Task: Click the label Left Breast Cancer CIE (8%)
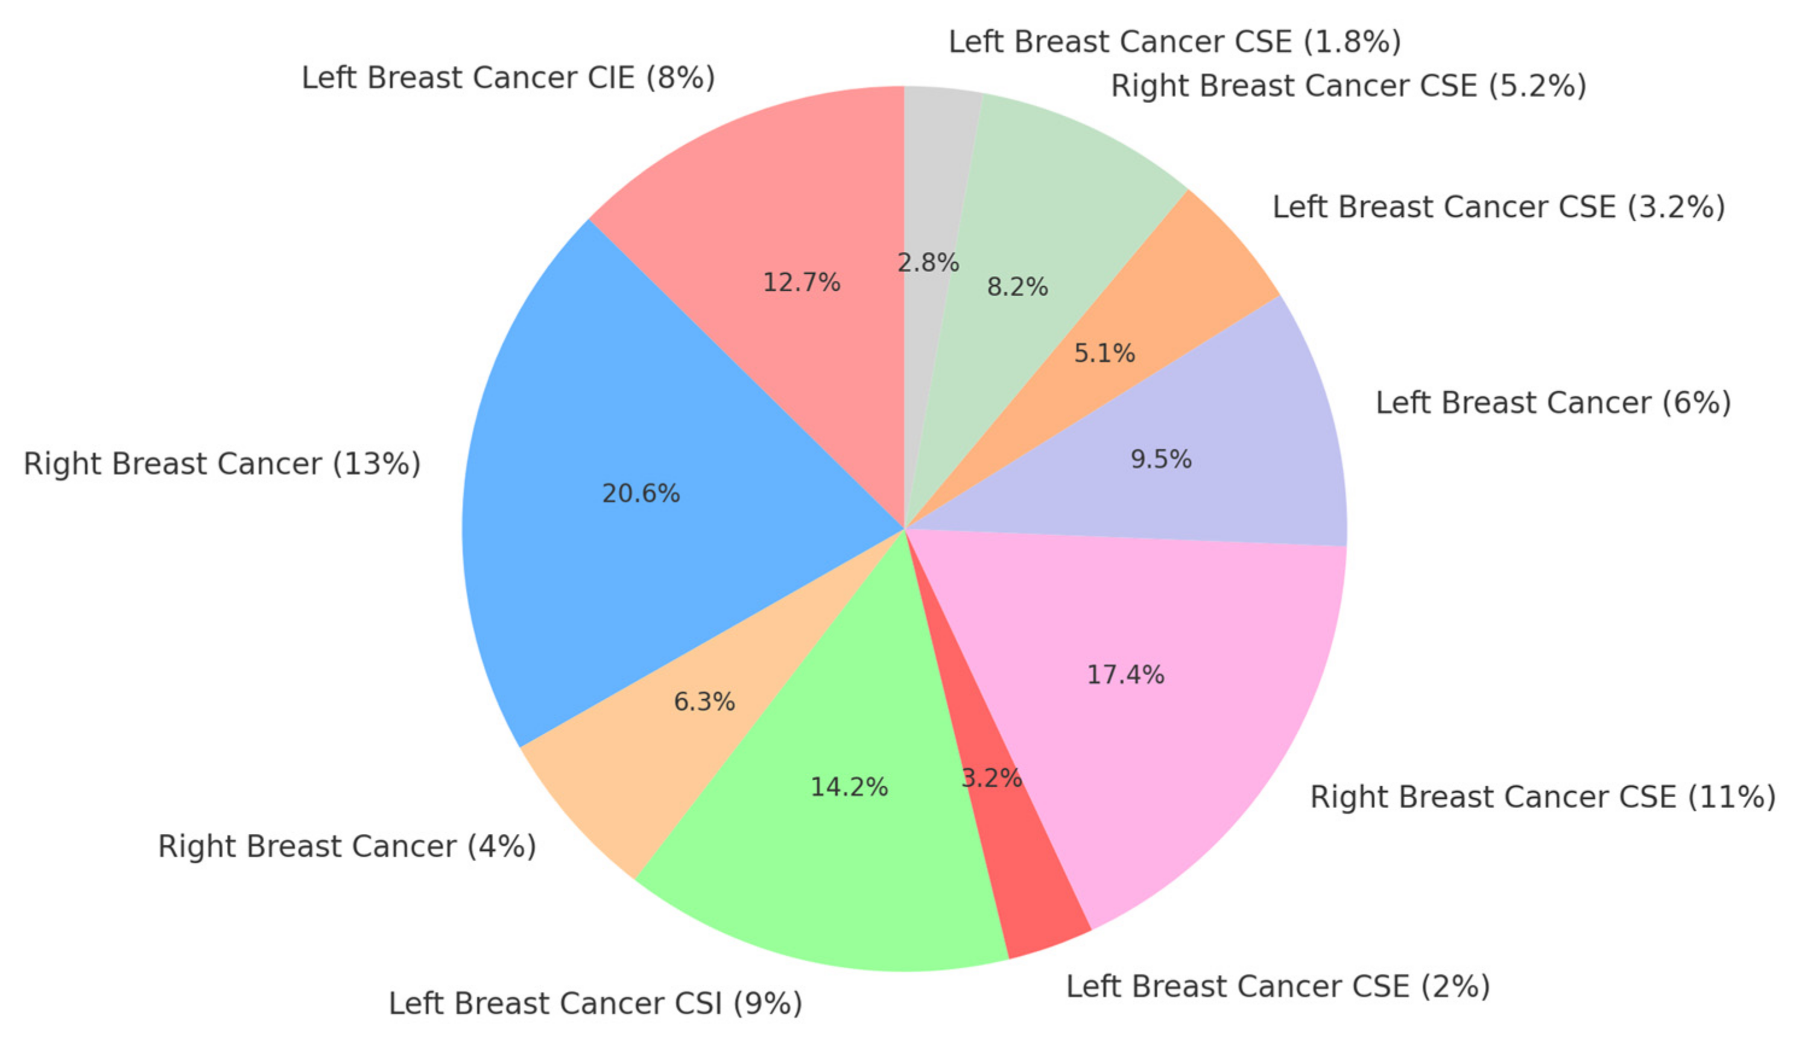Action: point(508,78)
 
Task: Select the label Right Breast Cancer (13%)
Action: point(222,464)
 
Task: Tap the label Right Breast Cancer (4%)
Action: point(347,846)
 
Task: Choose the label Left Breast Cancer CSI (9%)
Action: point(595,1004)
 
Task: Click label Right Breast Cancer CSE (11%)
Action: point(1543,796)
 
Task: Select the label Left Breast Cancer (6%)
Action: point(1553,403)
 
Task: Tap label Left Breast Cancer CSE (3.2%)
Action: point(1499,207)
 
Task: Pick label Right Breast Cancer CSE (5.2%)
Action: point(1349,86)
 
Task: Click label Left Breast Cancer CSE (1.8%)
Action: point(1175,42)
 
